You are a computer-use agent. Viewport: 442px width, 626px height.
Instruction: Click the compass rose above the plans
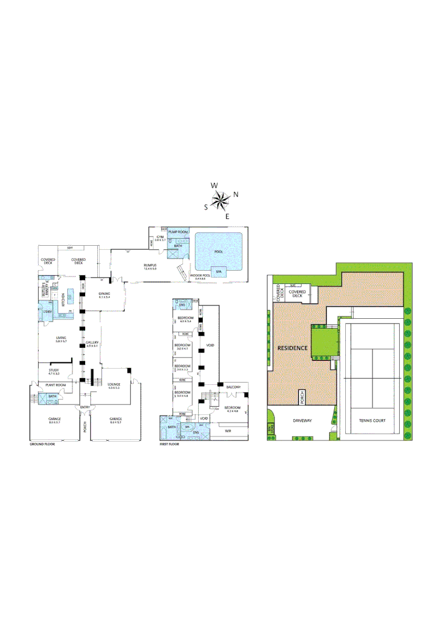click(221, 201)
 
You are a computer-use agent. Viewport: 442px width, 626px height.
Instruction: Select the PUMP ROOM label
click(178, 232)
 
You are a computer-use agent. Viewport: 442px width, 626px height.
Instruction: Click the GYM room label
click(160, 238)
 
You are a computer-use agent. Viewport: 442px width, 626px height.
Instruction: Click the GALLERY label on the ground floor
click(92, 343)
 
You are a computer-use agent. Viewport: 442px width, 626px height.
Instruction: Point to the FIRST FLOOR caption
click(169, 444)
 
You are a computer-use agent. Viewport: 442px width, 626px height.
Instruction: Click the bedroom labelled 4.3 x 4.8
click(232, 409)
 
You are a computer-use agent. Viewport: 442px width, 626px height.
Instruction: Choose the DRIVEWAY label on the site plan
click(302, 421)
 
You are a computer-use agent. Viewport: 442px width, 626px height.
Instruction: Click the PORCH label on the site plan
click(302, 397)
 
